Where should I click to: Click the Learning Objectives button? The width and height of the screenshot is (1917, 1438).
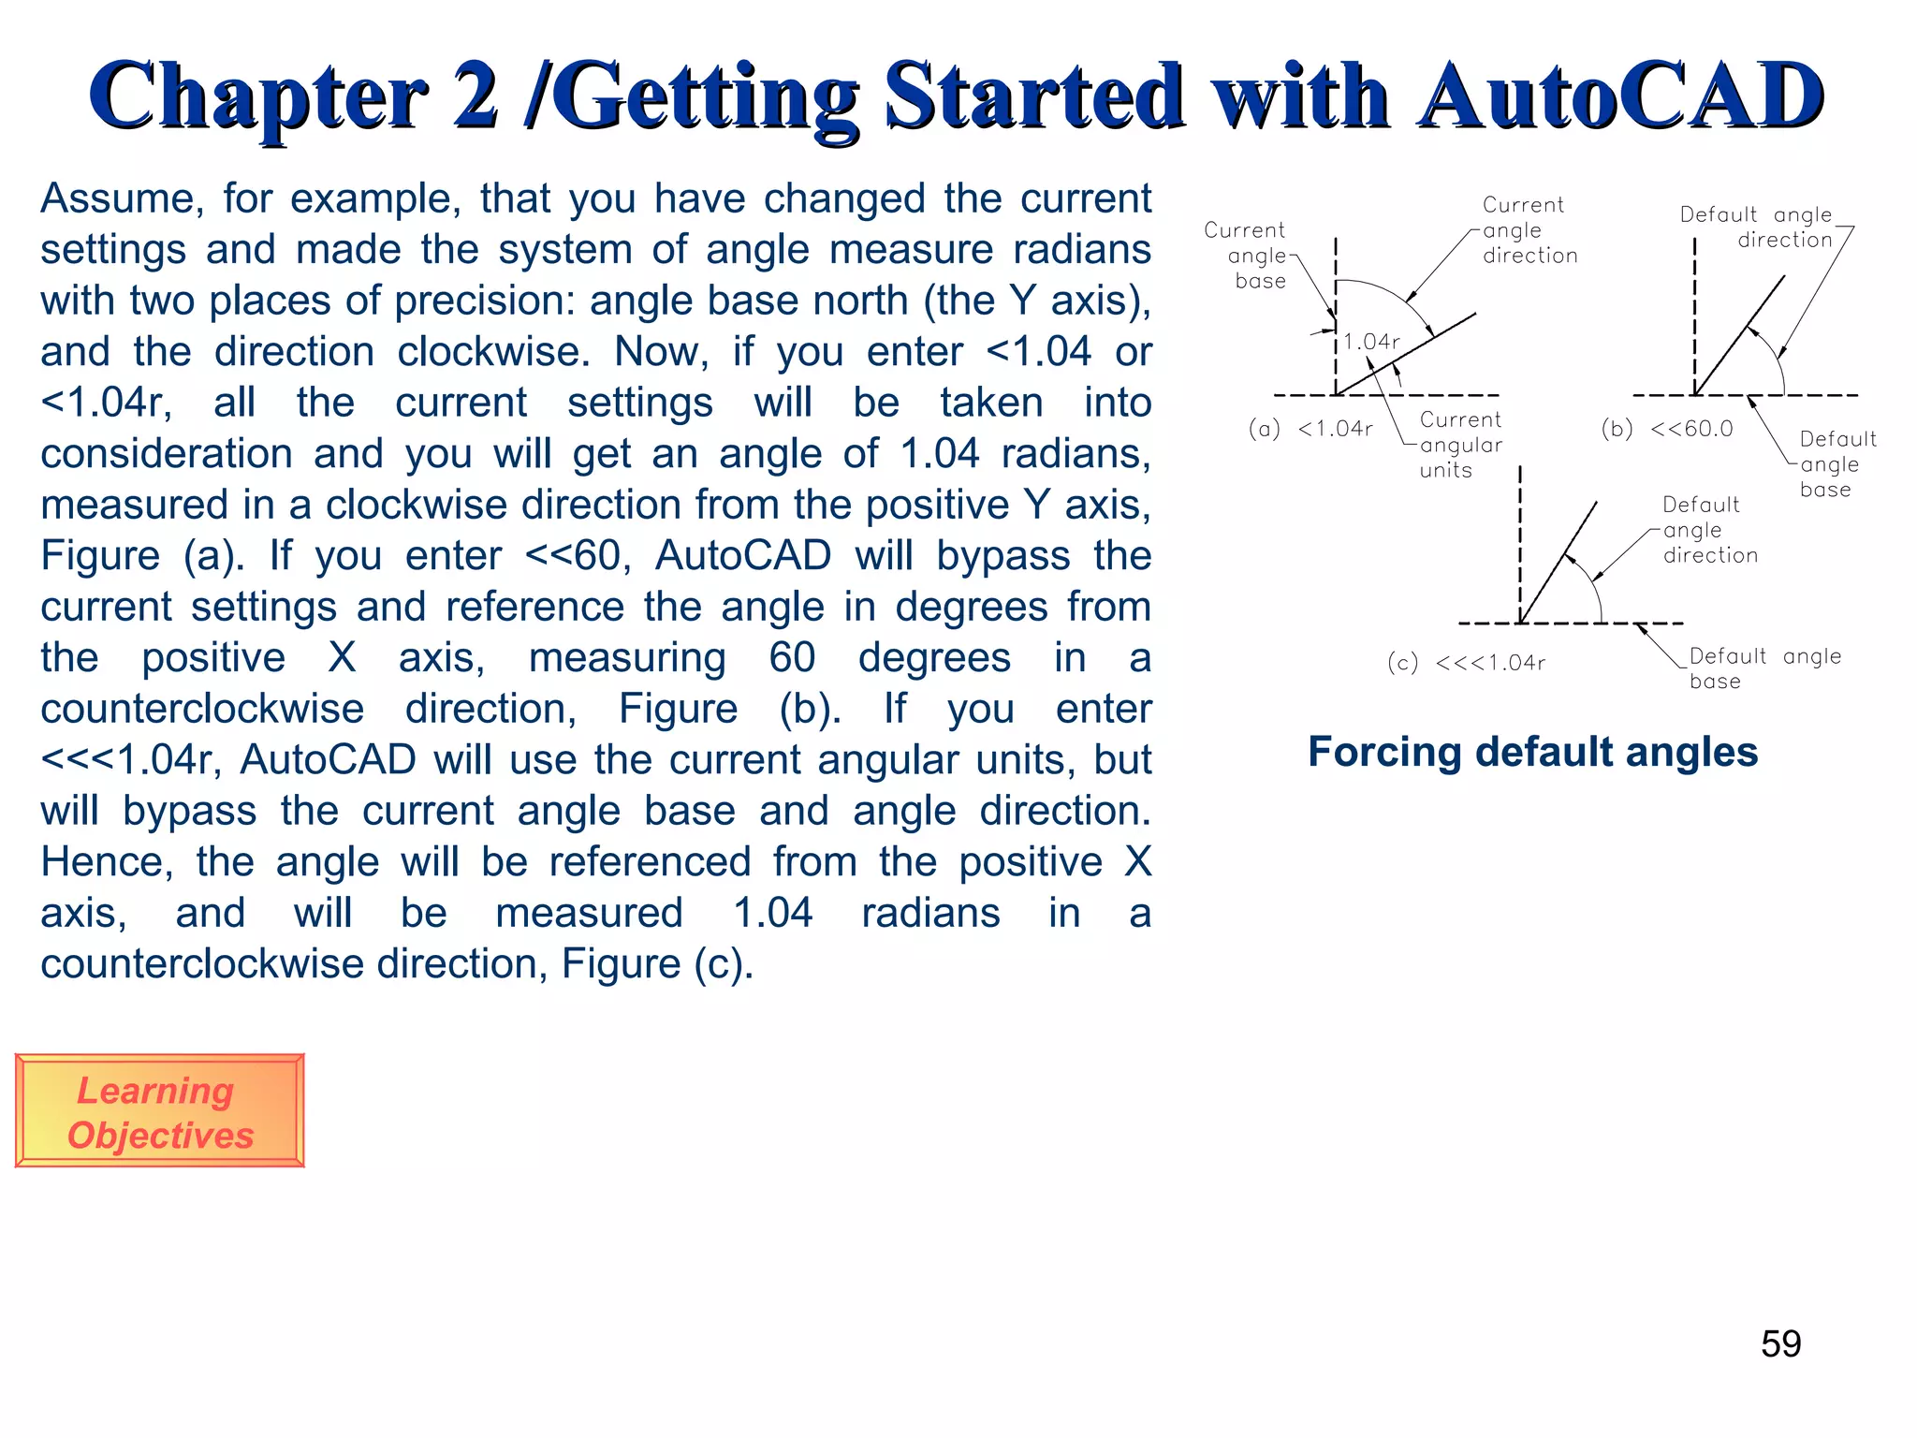pos(159,1111)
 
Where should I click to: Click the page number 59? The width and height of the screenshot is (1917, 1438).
pos(1780,1343)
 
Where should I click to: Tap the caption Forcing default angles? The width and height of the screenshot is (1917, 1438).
pos(1532,752)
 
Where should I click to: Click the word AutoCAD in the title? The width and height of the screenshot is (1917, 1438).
pos(1619,96)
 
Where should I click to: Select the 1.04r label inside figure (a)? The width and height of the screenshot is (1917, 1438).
pos(1371,342)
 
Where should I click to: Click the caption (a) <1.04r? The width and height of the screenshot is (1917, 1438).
pos(1310,429)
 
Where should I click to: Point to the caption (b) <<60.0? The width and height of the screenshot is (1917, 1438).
pos(1666,429)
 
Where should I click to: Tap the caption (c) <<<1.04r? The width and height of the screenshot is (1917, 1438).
pos(1466,663)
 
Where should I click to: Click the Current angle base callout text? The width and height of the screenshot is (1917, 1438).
pos(1247,255)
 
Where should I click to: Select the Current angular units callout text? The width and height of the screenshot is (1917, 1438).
pos(1460,445)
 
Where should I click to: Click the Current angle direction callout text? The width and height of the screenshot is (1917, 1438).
pos(1528,230)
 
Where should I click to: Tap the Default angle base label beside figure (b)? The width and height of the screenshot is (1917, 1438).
pos(1837,464)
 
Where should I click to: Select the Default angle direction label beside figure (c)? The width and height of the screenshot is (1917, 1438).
pos(1708,530)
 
